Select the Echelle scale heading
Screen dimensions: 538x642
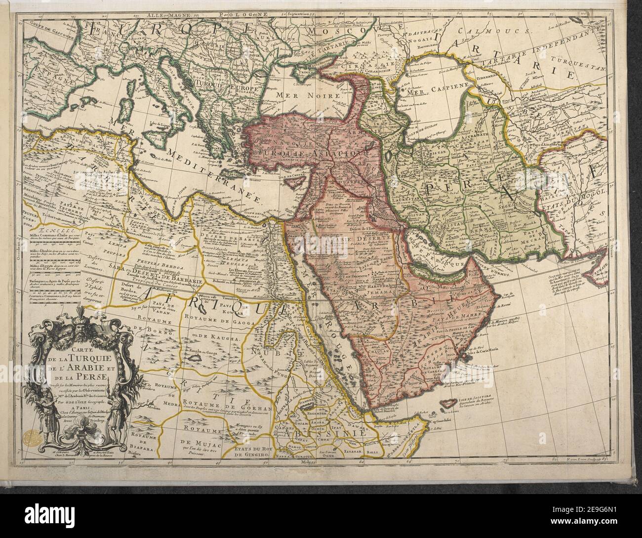point(38,229)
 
